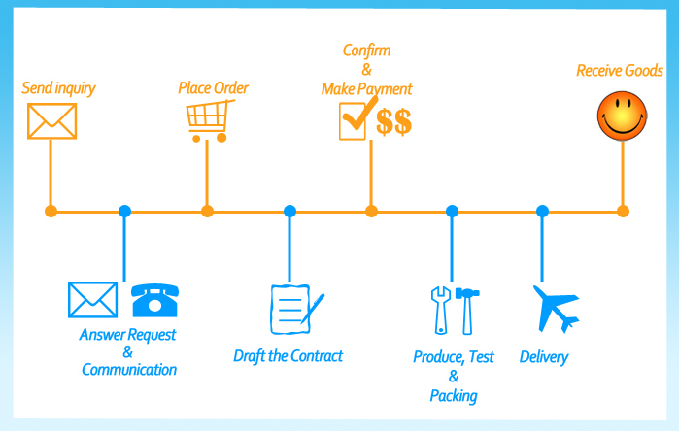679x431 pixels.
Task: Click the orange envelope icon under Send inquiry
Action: (x=51, y=121)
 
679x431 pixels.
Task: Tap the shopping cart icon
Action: (x=210, y=120)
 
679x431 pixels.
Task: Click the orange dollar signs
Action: (x=393, y=122)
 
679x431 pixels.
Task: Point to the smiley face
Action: (x=623, y=116)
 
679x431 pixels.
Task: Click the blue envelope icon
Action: (x=92, y=299)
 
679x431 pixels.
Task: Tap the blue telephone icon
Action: (x=155, y=300)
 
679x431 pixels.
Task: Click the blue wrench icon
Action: (x=441, y=311)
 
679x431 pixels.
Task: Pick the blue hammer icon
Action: (x=467, y=311)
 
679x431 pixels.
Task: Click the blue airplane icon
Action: (x=557, y=308)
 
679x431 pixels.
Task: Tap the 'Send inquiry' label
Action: (x=58, y=88)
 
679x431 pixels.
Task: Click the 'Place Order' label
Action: (x=213, y=87)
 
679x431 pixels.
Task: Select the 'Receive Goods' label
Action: (x=620, y=71)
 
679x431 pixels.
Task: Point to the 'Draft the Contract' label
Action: (x=288, y=356)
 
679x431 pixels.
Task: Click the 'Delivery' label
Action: (x=544, y=357)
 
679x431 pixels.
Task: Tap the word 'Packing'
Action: (x=454, y=396)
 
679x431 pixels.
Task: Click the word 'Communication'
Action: (x=129, y=370)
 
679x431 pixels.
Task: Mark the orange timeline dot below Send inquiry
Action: (x=51, y=212)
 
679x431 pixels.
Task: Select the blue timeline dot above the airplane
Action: (x=542, y=212)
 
